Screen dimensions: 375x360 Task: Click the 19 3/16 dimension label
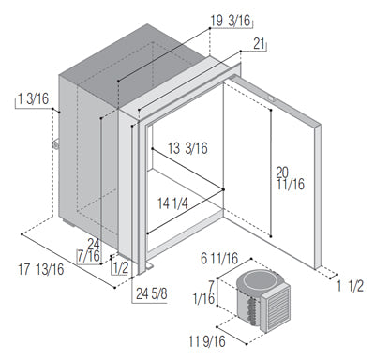pos(231,21)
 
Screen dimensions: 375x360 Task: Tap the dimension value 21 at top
pos(259,44)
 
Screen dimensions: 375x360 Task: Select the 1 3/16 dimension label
pos(33,99)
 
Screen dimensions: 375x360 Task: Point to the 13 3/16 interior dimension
pos(187,148)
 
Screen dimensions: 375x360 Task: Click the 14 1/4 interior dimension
pos(172,203)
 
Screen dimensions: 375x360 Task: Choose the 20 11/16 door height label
pos(291,178)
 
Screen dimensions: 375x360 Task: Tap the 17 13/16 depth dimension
pos(41,269)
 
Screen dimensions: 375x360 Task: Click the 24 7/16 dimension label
pos(89,250)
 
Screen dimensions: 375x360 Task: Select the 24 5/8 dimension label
pos(152,293)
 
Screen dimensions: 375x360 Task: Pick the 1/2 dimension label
pos(121,268)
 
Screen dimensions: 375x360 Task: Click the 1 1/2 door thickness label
pos(350,286)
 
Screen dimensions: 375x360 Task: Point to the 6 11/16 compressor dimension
pos(219,259)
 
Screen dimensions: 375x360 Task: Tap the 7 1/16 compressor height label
pos(204,292)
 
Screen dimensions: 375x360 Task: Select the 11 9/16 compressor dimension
pos(206,341)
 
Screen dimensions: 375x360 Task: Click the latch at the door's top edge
pos(271,99)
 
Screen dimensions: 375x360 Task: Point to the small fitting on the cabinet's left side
pos(55,144)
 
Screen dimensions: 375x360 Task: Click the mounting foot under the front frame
pos(149,266)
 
